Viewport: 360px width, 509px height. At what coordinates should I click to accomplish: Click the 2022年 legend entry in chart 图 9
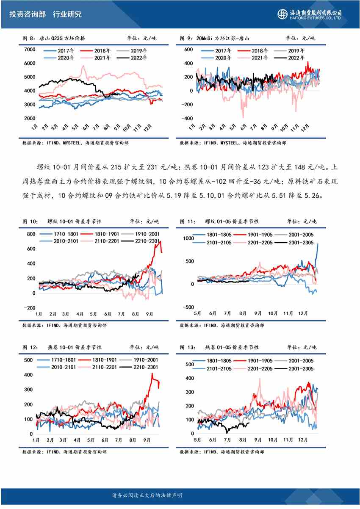tap(296, 58)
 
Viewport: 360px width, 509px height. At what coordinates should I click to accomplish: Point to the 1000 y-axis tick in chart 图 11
tap(187, 238)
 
